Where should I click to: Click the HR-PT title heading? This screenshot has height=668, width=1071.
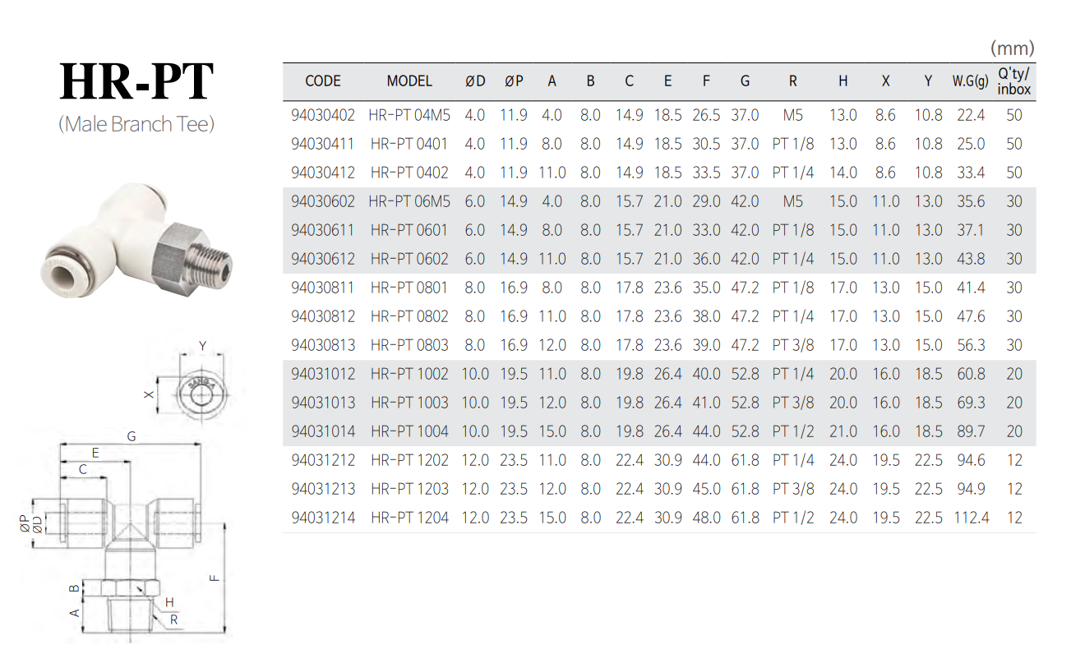tap(136, 81)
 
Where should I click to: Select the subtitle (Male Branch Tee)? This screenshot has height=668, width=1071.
tap(136, 124)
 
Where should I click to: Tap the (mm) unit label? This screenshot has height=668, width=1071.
tap(1012, 48)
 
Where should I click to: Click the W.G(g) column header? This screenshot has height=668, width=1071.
tap(970, 81)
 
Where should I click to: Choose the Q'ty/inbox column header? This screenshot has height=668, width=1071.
tap(1013, 81)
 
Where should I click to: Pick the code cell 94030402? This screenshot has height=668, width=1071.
tap(323, 115)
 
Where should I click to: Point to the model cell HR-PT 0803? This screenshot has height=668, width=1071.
tap(409, 345)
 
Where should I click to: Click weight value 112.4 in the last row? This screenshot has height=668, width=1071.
tap(971, 518)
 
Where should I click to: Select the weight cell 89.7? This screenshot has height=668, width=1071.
tap(971, 431)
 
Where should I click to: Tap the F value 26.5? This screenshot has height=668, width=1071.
tap(706, 115)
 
